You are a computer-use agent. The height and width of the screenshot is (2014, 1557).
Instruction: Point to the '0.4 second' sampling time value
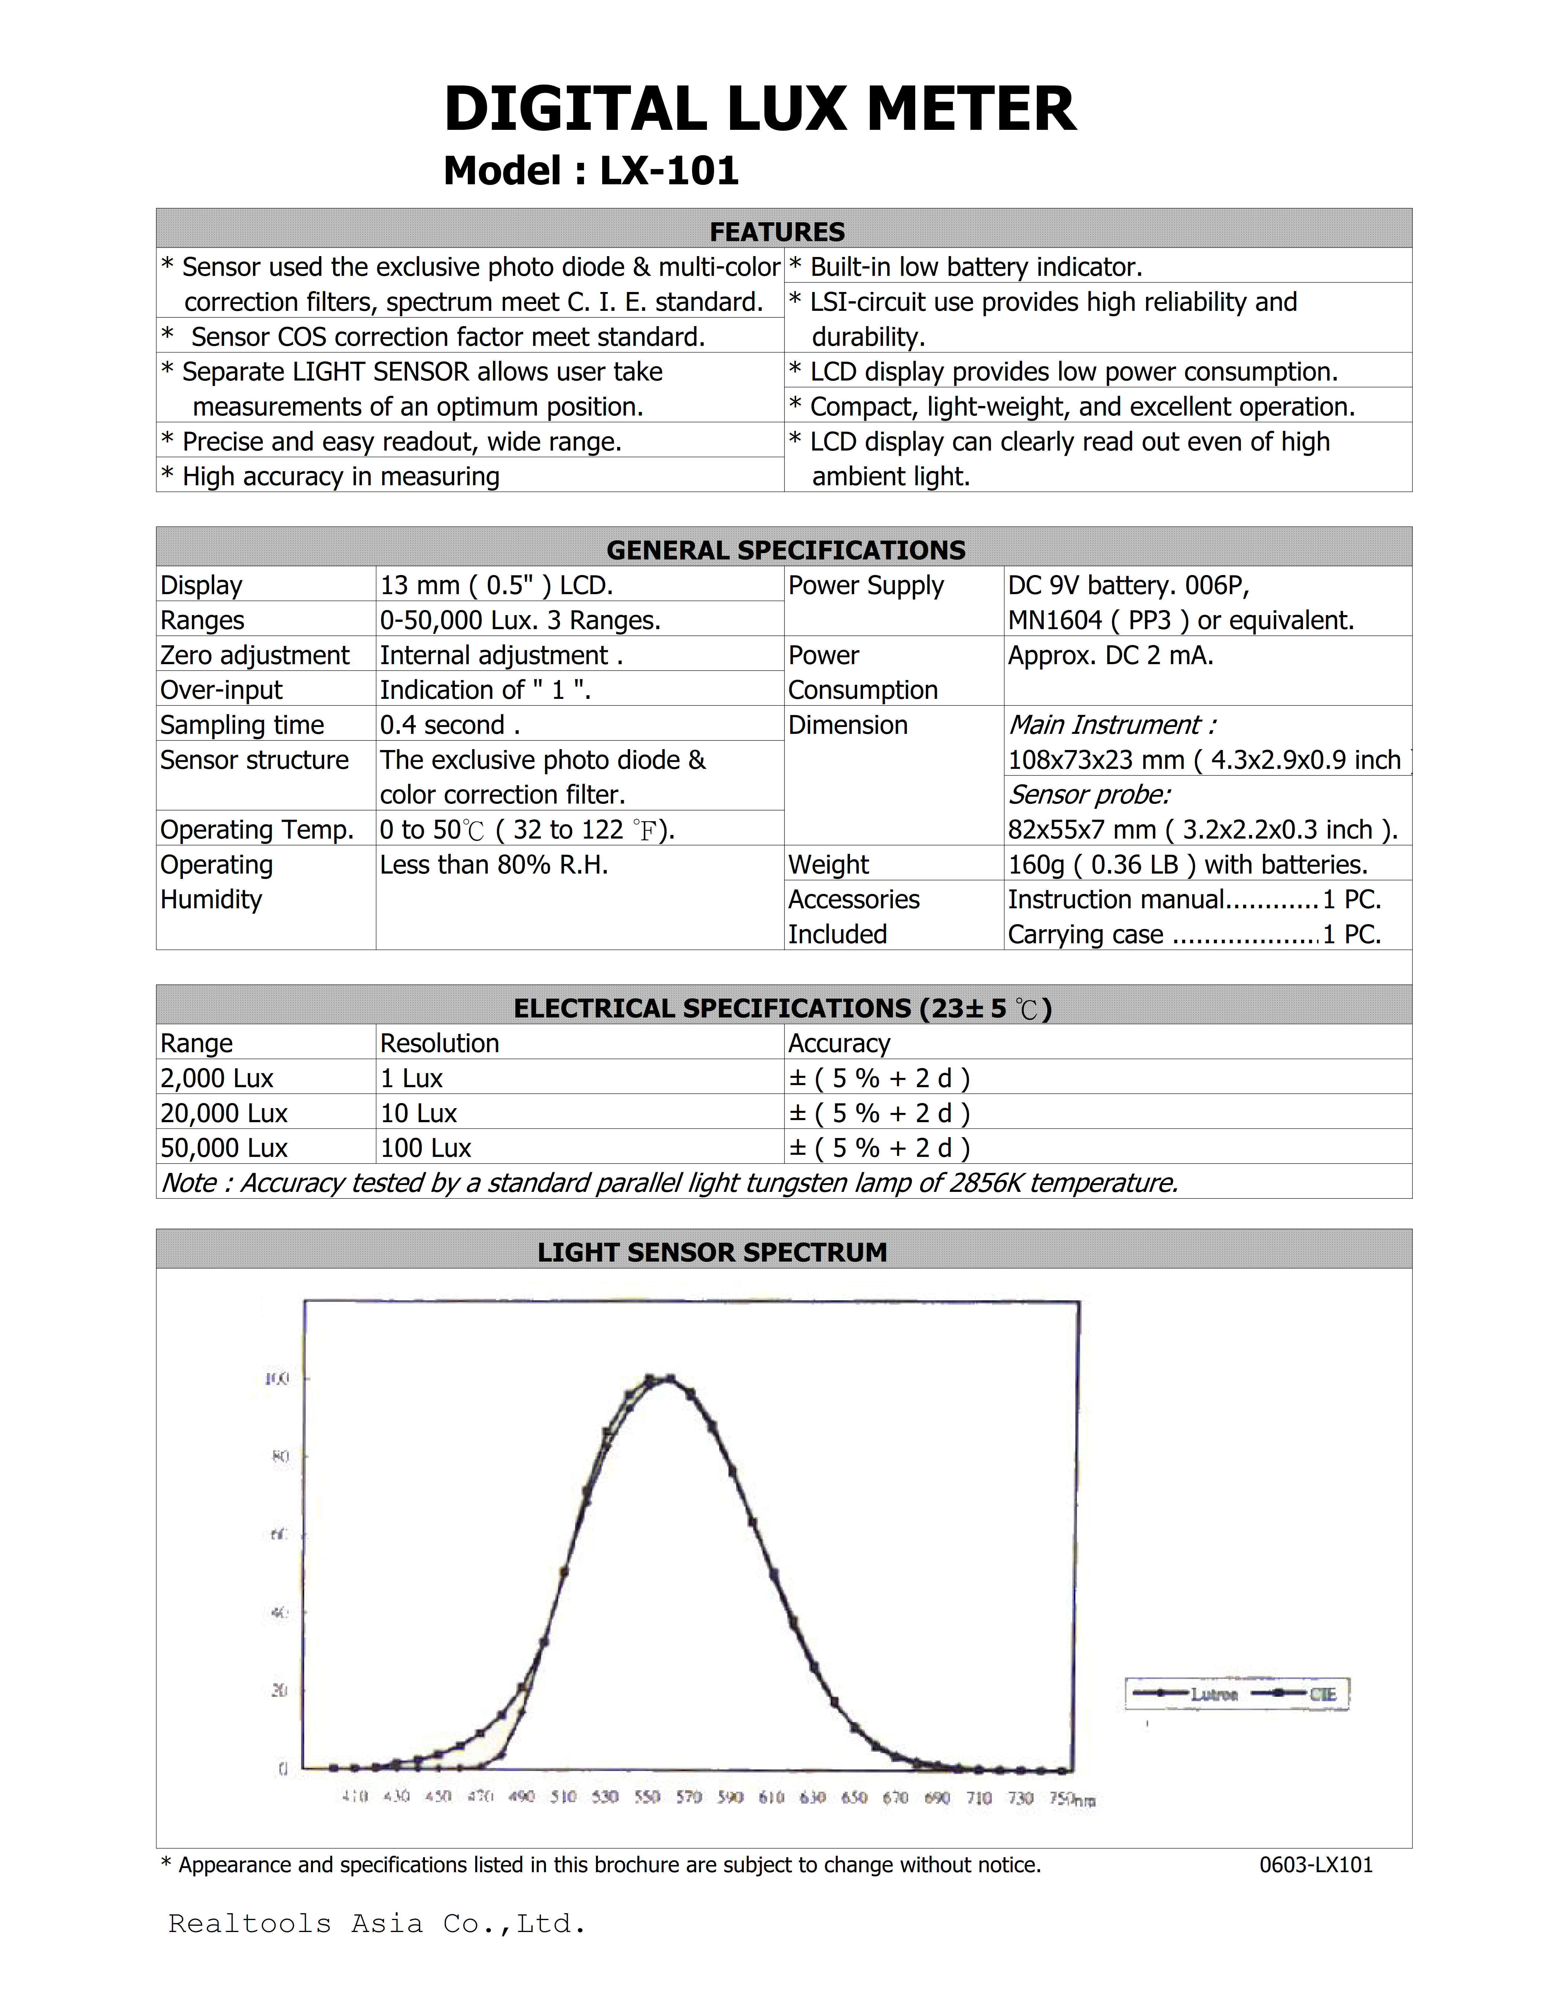point(450,725)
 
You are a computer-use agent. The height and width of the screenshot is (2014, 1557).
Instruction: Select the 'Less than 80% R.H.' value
point(494,865)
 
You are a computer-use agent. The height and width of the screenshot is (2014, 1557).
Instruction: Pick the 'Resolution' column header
point(439,1043)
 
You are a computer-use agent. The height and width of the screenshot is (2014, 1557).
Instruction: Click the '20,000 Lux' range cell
point(224,1113)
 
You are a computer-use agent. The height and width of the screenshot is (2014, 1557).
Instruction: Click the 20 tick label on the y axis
point(279,1690)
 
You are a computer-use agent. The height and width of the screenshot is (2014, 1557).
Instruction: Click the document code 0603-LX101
point(1315,1865)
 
